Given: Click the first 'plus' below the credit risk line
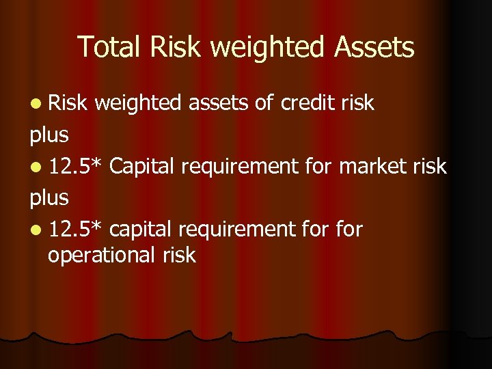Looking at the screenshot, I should click(x=49, y=135).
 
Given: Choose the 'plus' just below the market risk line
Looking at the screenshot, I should click(x=49, y=198).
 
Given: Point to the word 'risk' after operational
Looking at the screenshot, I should click(x=179, y=255).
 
